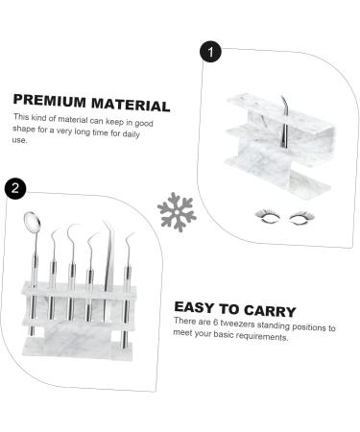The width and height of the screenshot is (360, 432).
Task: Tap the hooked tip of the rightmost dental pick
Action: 129,235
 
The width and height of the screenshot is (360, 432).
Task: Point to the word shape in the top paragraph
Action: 27,129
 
